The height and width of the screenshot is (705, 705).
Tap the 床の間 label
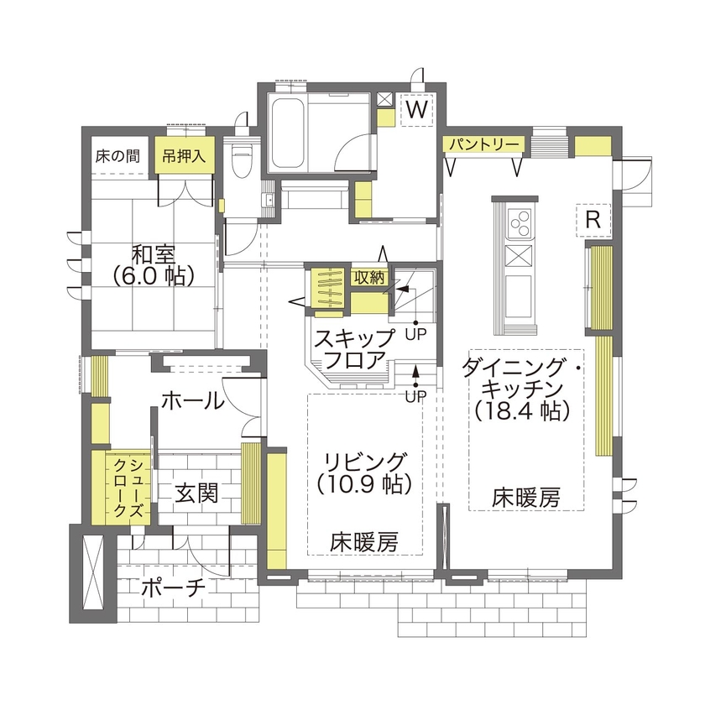(x=116, y=155)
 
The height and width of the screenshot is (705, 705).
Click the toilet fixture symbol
(x=243, y=158)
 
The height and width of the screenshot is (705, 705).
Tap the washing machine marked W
(x=418, y=109)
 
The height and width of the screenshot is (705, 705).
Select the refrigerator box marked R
(x=593, y=220)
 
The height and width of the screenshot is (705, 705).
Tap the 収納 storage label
(x=368, y=277)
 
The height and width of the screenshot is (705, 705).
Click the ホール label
(x=191, y=401)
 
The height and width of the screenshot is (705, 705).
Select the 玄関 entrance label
(x=197, y=493)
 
